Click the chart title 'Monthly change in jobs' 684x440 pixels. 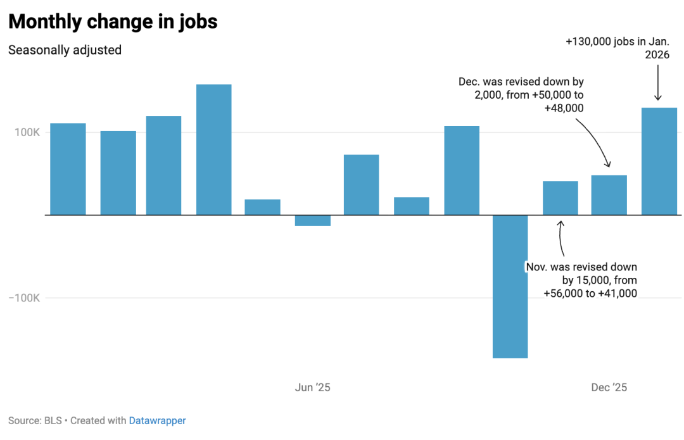(113, 22)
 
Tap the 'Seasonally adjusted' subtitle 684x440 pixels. (65, 50)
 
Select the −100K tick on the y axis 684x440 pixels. (25, 298)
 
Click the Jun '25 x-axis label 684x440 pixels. (313, 387)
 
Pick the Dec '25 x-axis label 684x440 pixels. (609, 387)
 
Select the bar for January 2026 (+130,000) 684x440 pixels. (659, 161)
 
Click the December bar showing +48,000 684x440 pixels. (609, 195)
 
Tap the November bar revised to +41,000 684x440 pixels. (560, 198)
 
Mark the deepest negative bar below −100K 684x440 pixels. (510, 286)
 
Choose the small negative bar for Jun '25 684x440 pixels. (313, 220)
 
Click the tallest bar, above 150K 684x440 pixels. (213, 149)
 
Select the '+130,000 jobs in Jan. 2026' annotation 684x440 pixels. (617, 48)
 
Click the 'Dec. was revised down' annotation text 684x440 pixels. (521, 95)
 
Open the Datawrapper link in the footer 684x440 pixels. (157, 420)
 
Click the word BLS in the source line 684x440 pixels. (53, 420)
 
